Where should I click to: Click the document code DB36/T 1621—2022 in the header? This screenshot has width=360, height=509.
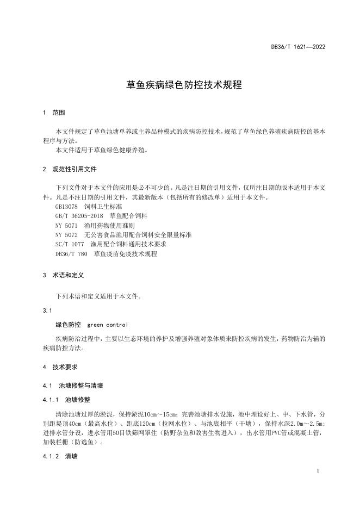coord(298,47)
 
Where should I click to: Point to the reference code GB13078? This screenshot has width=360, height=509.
coord(67,207)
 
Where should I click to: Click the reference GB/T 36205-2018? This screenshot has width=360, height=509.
coord(79,216)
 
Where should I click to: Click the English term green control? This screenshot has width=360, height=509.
coord(108,325)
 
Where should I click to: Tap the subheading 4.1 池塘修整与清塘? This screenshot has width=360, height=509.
coord(73,386)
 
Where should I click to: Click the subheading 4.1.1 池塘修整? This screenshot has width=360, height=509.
coord(66,399)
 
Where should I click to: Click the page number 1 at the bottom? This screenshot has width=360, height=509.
coord(318,471)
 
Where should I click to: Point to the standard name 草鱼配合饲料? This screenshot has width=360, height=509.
coord(128,216)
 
